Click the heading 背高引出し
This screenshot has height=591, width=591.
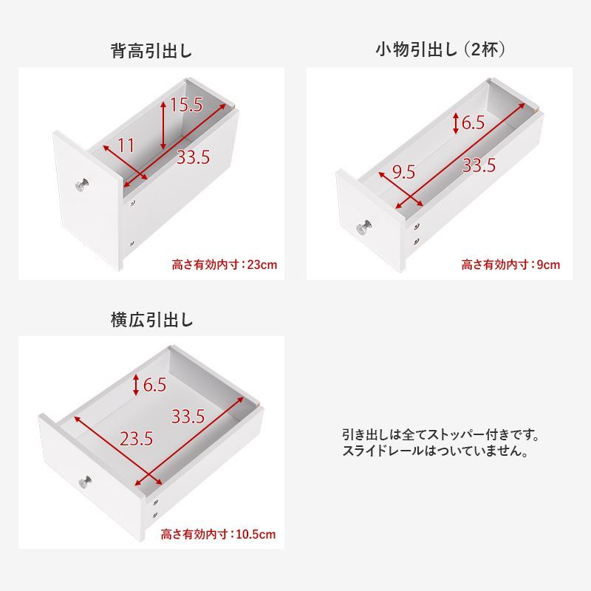151,52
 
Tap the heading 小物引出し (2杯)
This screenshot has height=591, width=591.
440,50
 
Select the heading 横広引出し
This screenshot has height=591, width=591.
151,320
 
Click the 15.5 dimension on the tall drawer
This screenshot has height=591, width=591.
185,105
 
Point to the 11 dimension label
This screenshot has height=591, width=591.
126,146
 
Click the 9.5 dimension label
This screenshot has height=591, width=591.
403,172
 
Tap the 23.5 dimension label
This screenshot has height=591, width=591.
136,439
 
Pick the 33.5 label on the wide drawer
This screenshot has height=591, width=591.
188,416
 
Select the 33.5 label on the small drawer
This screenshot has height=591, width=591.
479,165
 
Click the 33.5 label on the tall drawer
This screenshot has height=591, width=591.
194,157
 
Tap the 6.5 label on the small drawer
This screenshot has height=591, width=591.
474,123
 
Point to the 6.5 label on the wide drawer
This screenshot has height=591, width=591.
154,384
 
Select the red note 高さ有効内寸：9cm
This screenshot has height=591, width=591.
510,264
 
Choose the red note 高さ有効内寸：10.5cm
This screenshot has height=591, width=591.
221,533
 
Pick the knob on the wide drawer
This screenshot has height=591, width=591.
85,482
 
